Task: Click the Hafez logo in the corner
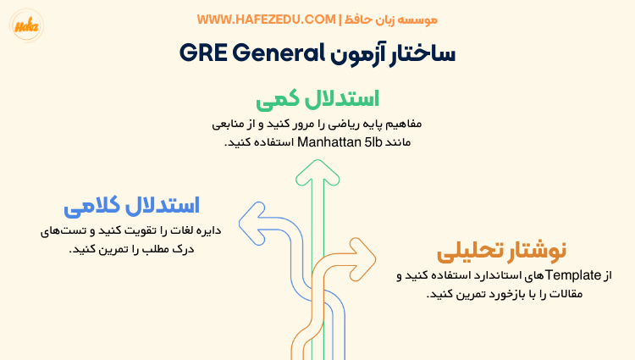pyautogui.click(x=23, y=25)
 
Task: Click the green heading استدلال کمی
pyautogui.click(x=317, y=98)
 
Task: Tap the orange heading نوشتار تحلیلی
pyautogui.click(x=501, y=252)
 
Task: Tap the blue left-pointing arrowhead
pyautogui.click(x=251, y=222)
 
